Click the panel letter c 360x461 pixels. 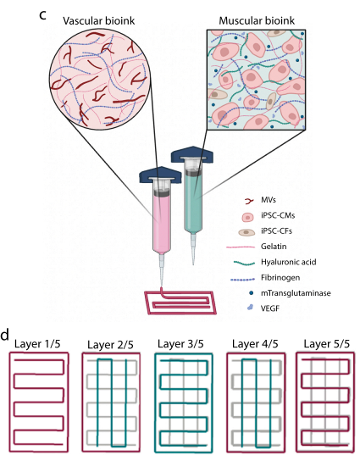click(x=42, y=14)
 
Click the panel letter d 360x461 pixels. click(x=5, y=335)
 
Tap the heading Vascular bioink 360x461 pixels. click(x=99, y=21)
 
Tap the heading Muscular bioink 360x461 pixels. click(x=257, y=21)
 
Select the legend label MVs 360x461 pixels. click(x=269, y=200)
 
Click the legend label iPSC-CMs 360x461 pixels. click(x=278, y=215)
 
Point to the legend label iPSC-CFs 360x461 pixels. click(x=276, y=231)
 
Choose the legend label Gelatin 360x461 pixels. click(x=274, y=247)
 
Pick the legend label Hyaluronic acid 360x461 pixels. click(x=288, y=262)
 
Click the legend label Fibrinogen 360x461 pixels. click(x=280, y=278)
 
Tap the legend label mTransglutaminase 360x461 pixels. click(x=296, y=293)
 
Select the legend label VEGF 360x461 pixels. click(x=270, y=308)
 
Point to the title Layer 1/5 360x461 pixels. click(x=37, y=344)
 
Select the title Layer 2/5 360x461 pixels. click(x=110, y=345)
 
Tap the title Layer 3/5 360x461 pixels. click(x=180, y=344)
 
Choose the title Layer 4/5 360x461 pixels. click(x=255, y=344)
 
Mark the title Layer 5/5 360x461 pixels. click(x=326, y=344)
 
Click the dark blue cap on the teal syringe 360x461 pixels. click(x=192, y=154)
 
